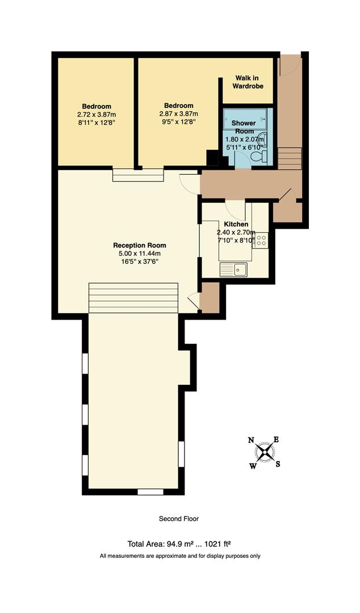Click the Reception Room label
[x=139, y=245]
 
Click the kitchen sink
[x=233, y=268]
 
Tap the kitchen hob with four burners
[x=261, y=240]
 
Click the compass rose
[x=265, y=452]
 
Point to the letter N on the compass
[x=251, y=440]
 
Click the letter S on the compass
[x=278, y=464]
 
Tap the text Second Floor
[x=179, y=518]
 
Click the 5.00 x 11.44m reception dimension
[x=139, y=253]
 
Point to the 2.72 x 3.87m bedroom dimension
[x=97, y=114]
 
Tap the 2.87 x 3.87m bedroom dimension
[x=179, y=113]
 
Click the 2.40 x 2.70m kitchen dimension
[x=235, y=232]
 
